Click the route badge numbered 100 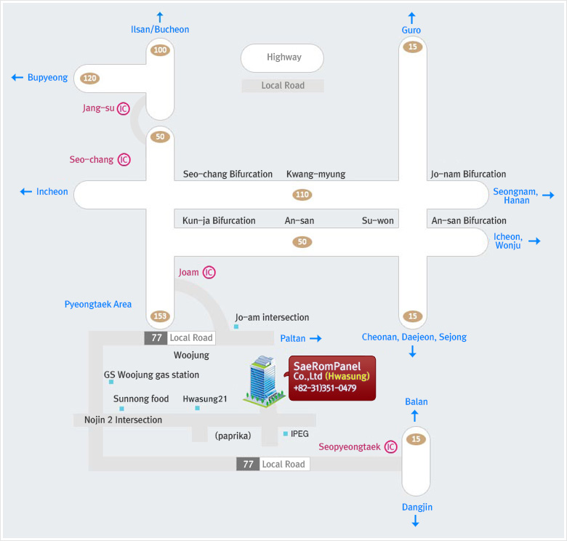pyautogui.click(x=160, y=50)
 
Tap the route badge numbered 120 pyautogui.click(x=89, y=78)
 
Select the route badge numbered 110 pyautogui.click(x=302, y=195)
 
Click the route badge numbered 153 pyautogui.click(x=160, y=316)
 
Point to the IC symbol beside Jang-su pyautogui.click(x=124, y=108)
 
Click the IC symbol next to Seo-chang pyautogui.click(x=124, y=159)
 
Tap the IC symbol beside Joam pyautogui.click(x=209, y=272)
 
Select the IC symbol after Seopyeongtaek pyautogui.click(x=390, y=447)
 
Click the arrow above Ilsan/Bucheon pyautogui.click(x=160, y=17)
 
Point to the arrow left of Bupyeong pyautogui.click(x=17, y=77)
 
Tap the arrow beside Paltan pyautogui.click(x=315, y=338)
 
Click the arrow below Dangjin pyautogui.click(x=416, y=521)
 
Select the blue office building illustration pyautogui.click(x=264, y=381)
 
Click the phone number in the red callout pyautogui.click(x=325, y=388)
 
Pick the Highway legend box pyautogui.click(x=283, y=58)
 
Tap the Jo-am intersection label pyautogui.click(x=272, y=318)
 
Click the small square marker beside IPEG pyautogui.click(x=286, y=433)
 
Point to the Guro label pyautogui.click(x=411, y=30)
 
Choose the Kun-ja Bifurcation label pyautogui.click(x=219, y=220)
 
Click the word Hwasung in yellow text pyautogui.click(x=347, y=376)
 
